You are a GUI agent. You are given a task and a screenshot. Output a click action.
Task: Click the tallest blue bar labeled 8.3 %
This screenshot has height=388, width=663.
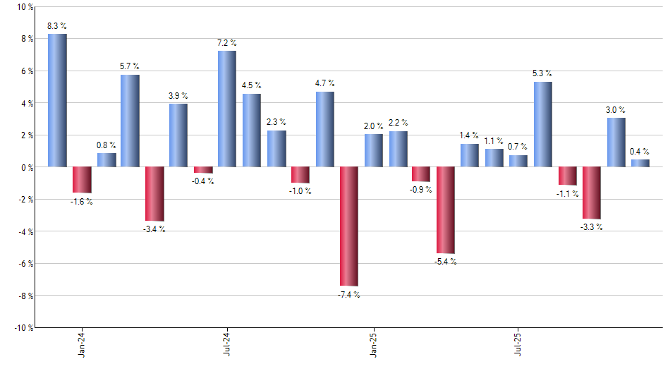57,100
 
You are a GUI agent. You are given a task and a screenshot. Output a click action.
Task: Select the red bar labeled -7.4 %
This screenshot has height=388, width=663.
349,226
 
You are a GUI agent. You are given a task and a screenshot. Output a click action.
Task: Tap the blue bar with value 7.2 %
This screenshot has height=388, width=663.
227,109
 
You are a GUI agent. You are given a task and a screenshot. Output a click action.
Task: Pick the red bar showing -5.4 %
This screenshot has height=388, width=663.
446,210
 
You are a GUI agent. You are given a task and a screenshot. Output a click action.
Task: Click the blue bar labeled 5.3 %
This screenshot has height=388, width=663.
543,124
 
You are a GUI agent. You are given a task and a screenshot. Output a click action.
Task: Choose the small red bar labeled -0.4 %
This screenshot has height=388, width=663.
203,170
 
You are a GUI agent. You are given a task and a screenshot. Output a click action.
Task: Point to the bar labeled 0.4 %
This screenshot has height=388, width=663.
640,164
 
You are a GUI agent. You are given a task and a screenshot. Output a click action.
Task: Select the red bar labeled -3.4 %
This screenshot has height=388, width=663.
154,194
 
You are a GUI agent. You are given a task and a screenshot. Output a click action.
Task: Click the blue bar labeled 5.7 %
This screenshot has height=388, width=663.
130,121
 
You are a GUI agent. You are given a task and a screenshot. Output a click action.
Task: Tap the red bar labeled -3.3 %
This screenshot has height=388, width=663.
592,193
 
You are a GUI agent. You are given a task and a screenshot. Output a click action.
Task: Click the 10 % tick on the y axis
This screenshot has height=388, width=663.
24,7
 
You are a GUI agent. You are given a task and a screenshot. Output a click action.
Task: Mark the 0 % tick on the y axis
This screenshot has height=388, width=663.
26,167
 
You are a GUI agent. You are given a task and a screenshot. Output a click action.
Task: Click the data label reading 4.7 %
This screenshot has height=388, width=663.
325,83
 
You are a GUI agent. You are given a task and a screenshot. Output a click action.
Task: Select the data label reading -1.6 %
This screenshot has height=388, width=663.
82,202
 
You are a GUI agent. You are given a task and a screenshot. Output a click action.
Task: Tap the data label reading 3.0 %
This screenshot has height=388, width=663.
616,109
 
